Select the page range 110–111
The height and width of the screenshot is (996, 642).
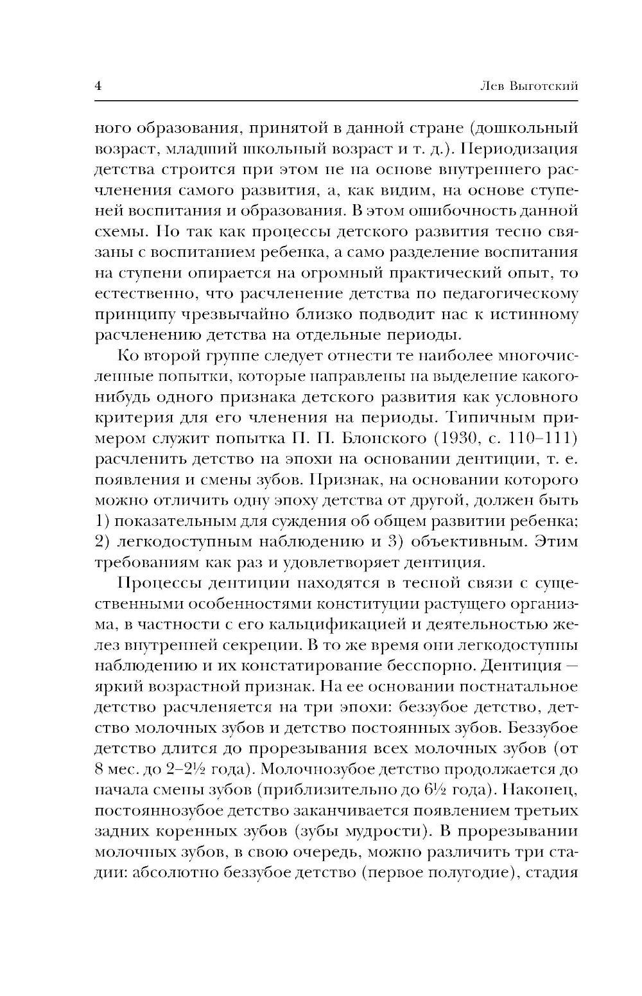[546, 439]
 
